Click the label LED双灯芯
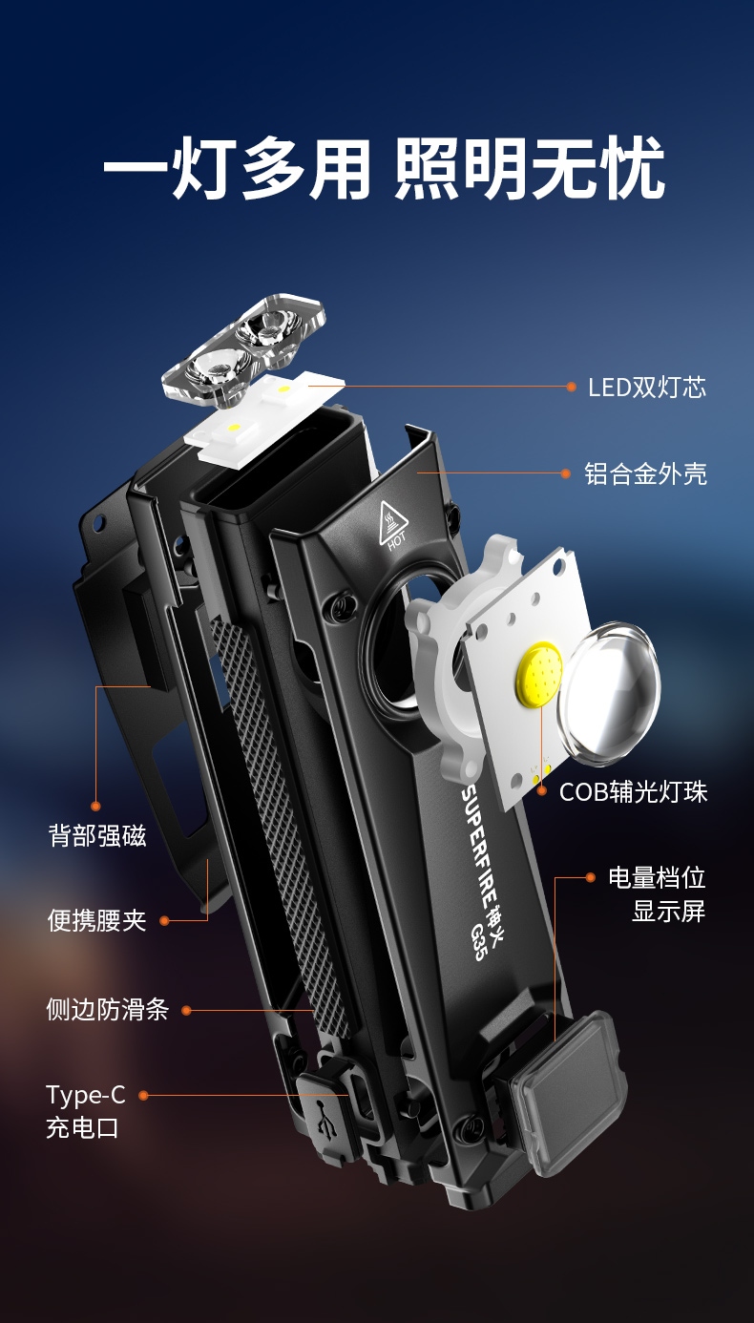646,388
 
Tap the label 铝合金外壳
645,473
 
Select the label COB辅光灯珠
633,792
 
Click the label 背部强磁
96,836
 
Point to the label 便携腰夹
96,920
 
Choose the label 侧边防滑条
108,1009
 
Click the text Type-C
86,1096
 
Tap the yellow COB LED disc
539,673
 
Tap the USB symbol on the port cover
325,1119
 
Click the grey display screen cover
566,1093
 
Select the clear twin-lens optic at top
244,351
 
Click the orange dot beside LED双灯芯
571,387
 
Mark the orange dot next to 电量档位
590,877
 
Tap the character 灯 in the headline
203,167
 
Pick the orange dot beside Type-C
143,1095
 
